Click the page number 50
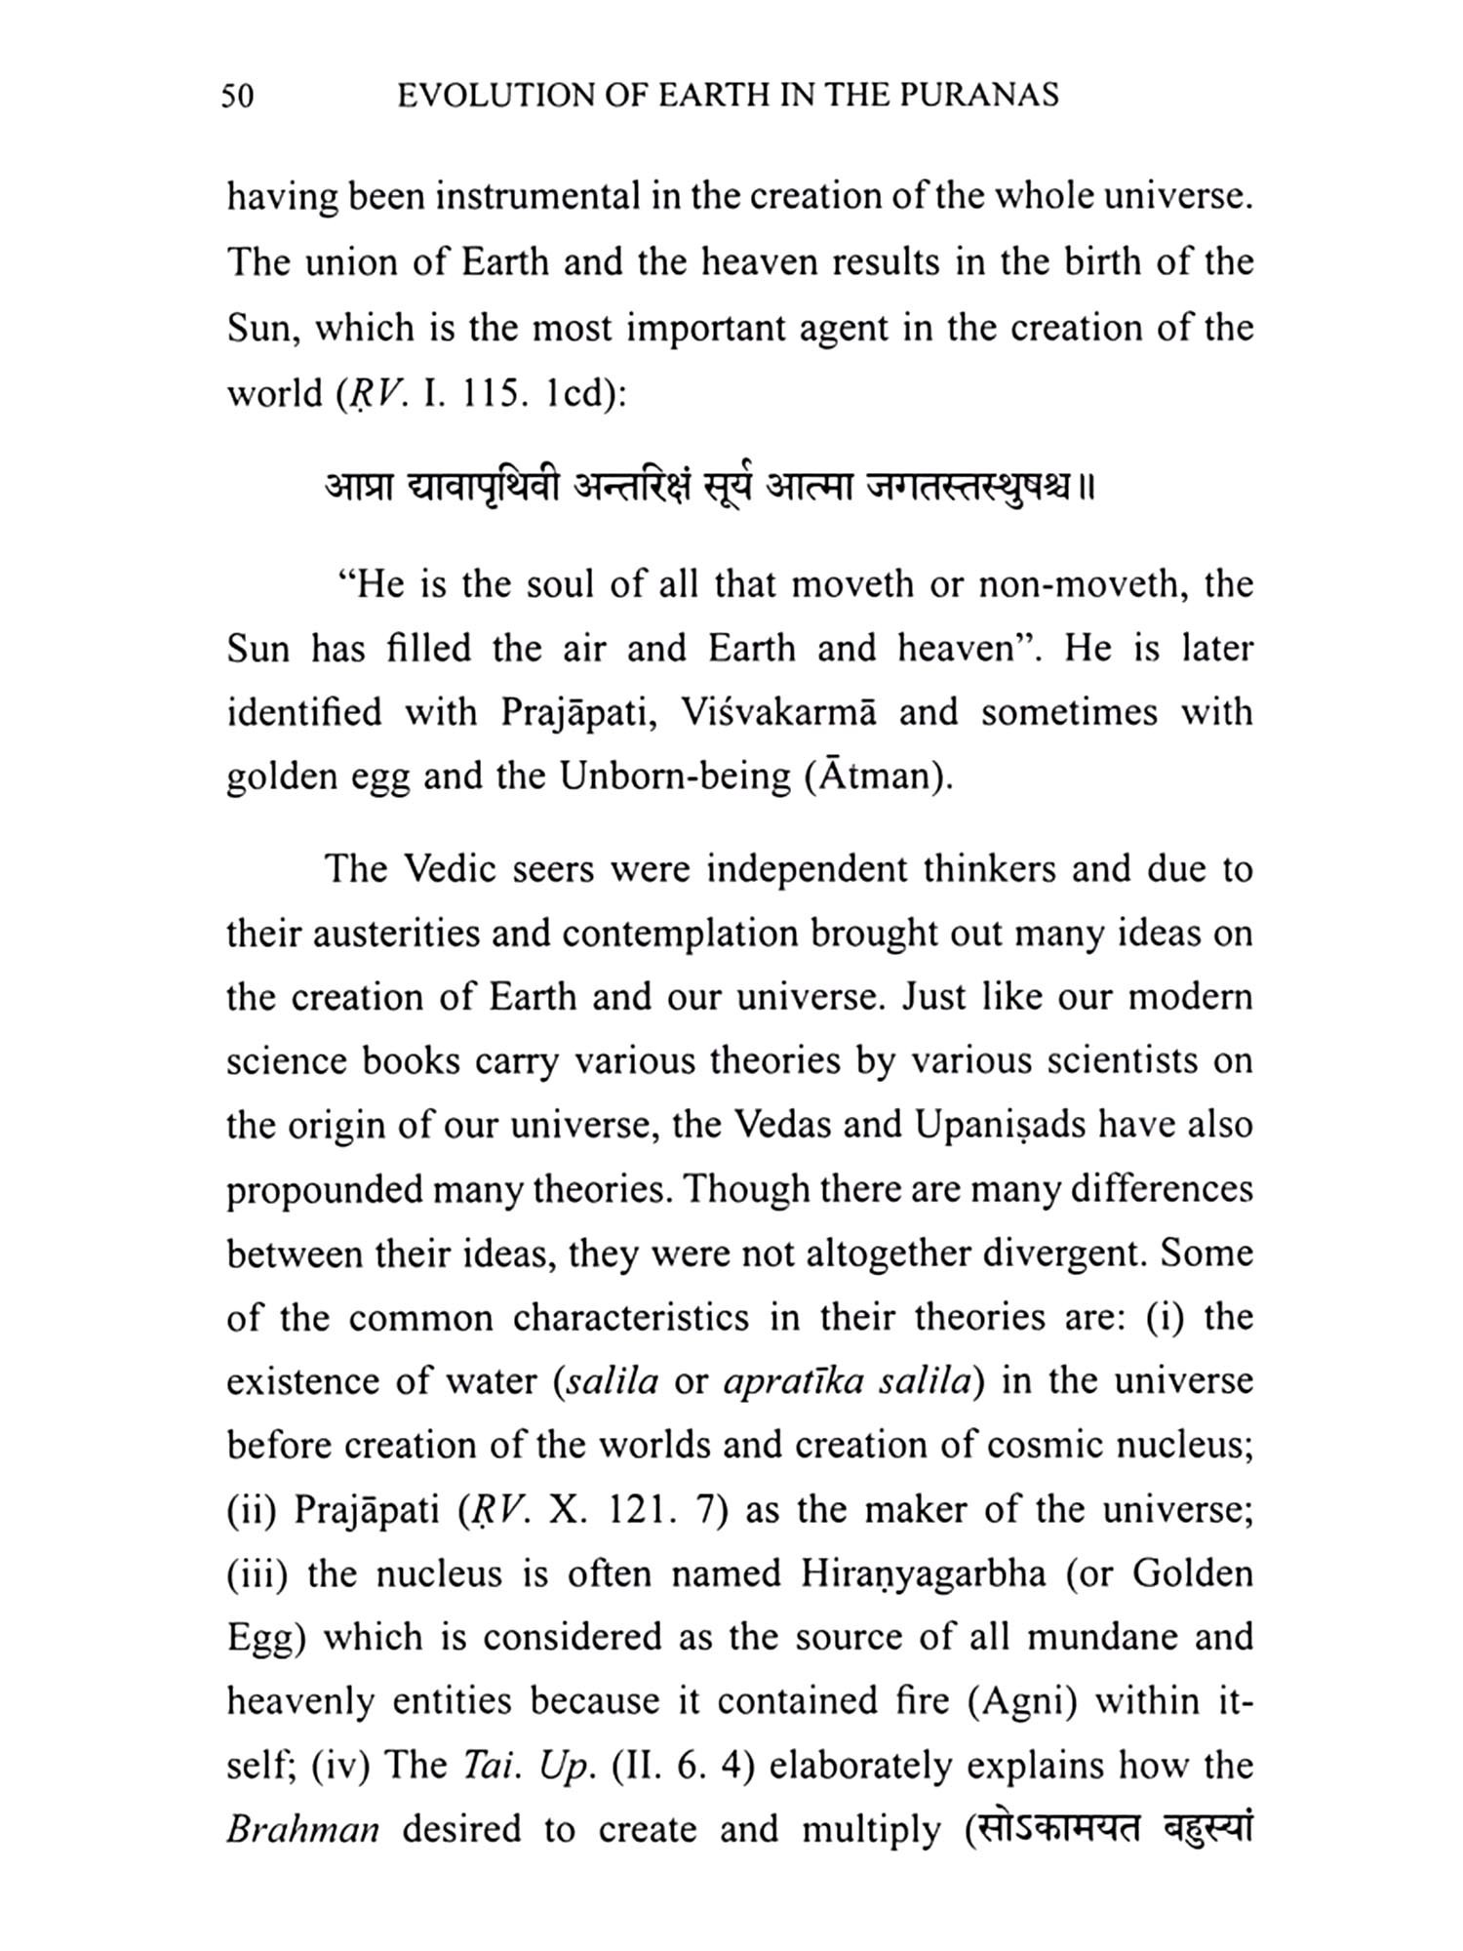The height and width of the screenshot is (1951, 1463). coord(238,96)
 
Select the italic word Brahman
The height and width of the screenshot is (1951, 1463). coord(303,1829)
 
